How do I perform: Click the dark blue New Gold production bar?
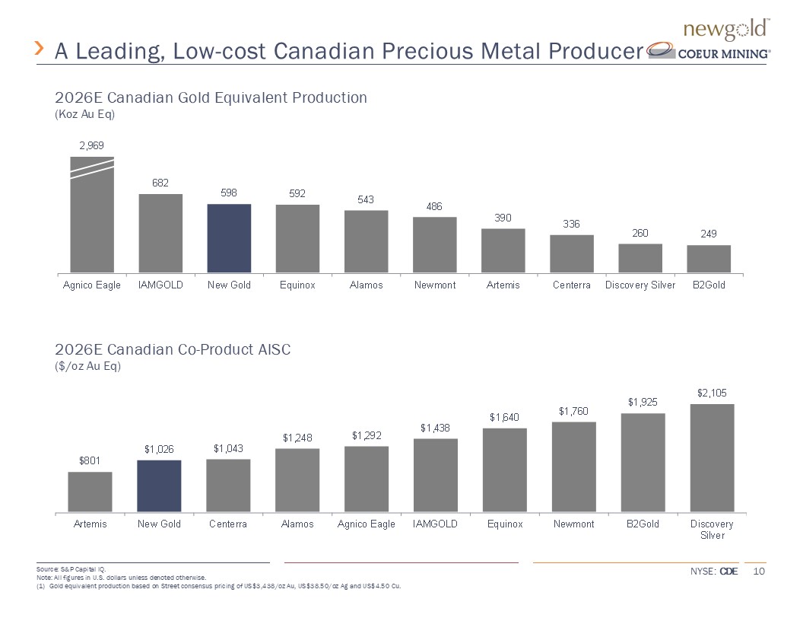pyautogui.click(x=229, y=238)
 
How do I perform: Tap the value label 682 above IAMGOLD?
pyautogui.click(x=160, y=183)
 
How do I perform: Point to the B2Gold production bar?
pyautogui.click(x=709, y=259)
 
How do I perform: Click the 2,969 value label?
pyautogui.click(x=91, y=145)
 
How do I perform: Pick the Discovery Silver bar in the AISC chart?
pyautogui.click(x=713, y=457)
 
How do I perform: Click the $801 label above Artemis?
pyautogui.click(x=90, y=460)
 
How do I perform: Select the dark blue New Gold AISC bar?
pyautogui.click(x=159, y=486)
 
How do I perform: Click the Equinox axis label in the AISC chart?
pyautogui.click(x=505, y=524)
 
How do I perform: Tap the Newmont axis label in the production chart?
pyautogui.click(x=434, y=285)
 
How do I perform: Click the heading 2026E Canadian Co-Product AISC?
pyautogui.click(x=173, y=349)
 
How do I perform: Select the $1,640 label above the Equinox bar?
pyautogui.click(x=504, y=417)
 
